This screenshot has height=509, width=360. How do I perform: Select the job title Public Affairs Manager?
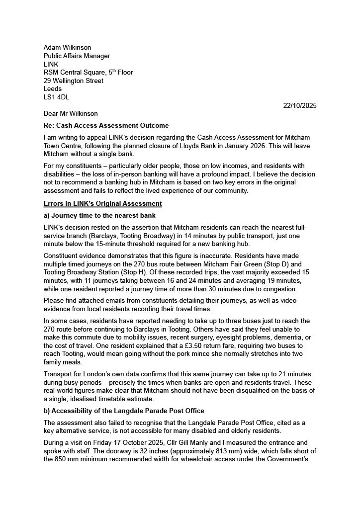click(77, 56)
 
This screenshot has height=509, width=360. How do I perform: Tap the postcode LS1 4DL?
click(56, 97)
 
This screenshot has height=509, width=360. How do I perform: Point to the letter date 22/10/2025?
click(300, 105)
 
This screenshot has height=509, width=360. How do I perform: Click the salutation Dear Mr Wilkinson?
click(71, 114)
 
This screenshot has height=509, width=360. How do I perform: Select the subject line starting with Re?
click(106, 125)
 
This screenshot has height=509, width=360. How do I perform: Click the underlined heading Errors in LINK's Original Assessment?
click(102, 204)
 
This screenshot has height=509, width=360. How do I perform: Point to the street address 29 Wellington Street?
click(74, 81)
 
